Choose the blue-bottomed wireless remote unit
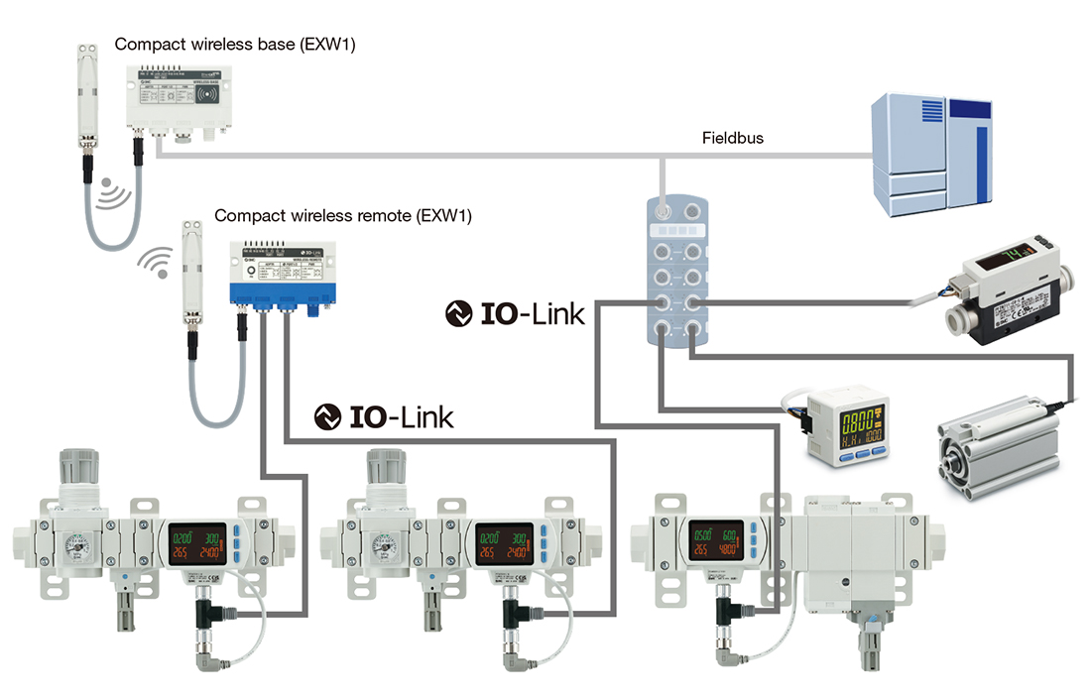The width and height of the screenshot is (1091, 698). (287, 273)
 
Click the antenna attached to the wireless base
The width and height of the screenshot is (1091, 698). (90, 95)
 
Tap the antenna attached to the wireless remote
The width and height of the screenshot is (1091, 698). (191, 278)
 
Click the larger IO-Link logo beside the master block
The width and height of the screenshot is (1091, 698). (516, 313)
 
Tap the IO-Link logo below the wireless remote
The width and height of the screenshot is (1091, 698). (385, 416)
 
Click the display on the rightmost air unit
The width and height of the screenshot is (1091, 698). (717, 542)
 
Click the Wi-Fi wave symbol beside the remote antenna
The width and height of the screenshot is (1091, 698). (152, 261)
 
